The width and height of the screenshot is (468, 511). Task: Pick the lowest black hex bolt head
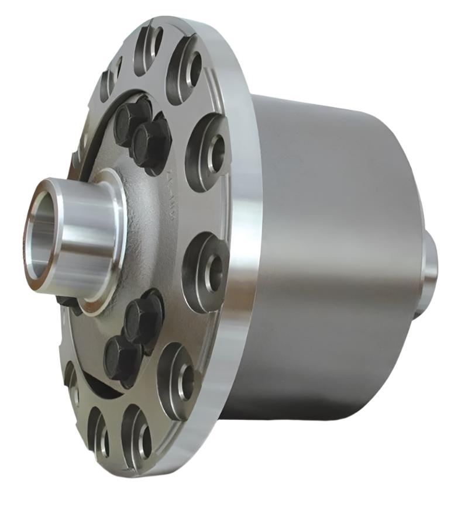coord(121,355)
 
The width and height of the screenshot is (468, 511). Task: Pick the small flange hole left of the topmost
coord(111,79)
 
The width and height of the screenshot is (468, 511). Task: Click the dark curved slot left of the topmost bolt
coord(97,134)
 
